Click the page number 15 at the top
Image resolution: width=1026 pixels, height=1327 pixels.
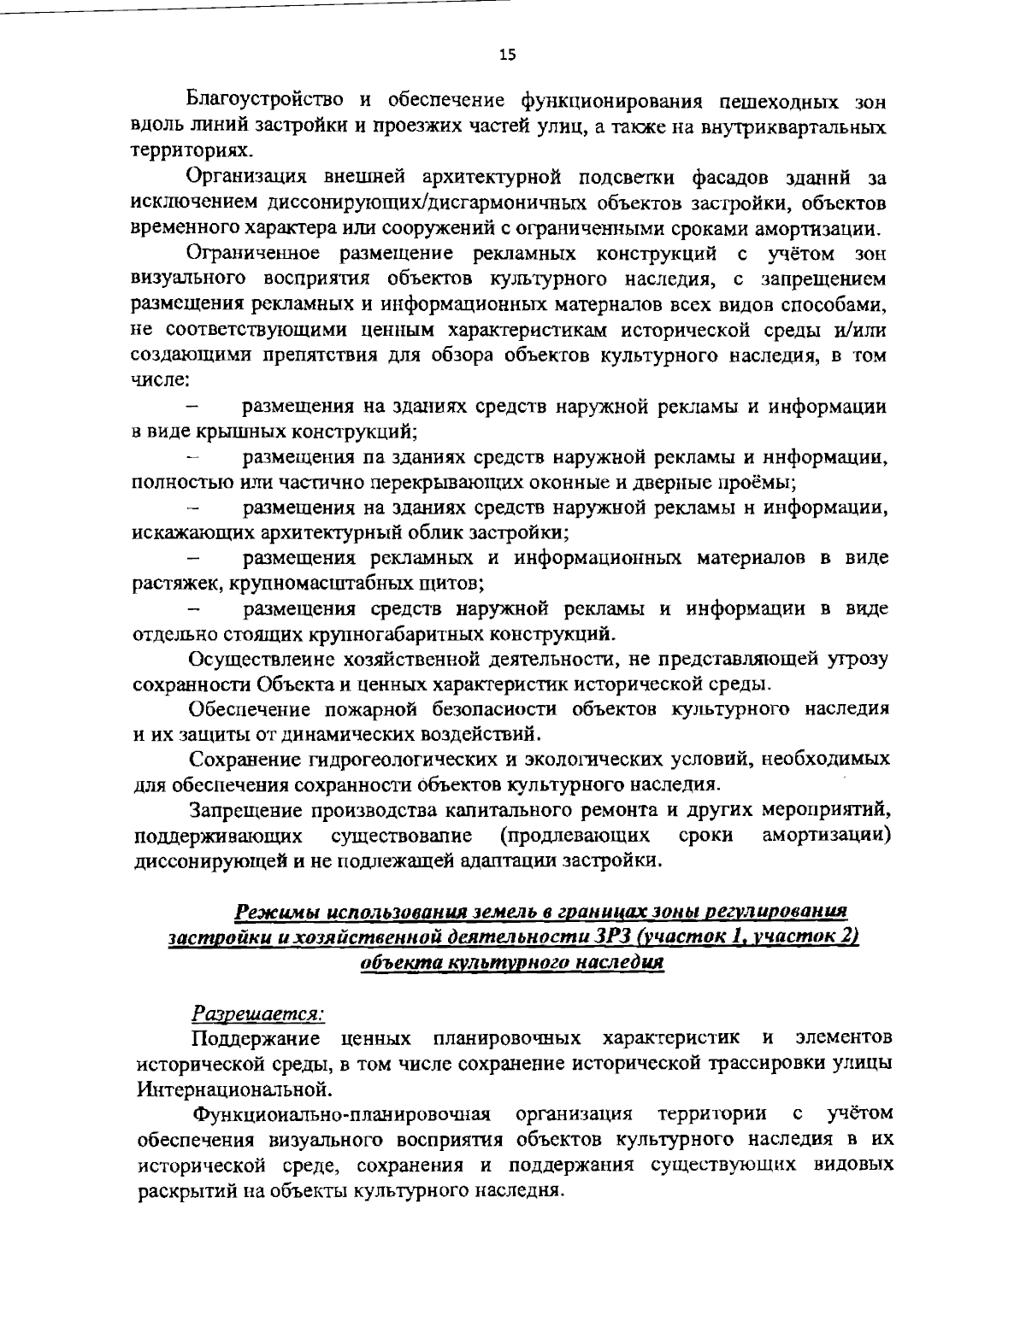508,56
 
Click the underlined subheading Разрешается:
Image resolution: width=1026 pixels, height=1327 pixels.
258,1013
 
